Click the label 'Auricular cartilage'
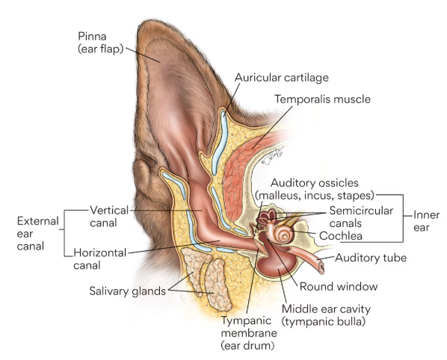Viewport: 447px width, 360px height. pyautogui.click(x=282, y=78)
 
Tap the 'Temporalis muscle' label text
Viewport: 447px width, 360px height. pyautogui.click(x=322, y=99)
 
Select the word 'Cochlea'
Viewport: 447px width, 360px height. pyautogui.click(x=341, y=236)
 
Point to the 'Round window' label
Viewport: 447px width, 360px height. pyautogui.click(x=339, y=286)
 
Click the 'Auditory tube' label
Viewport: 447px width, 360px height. pyautogui.click(x=371, y=258)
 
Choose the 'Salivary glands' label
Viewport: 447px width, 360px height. pyautogui.click(x=127, y=291)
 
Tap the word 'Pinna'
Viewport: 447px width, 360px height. pyautogui.click(x=92, y=37)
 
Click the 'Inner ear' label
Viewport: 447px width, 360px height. pyautogui.click(x=427, y=221)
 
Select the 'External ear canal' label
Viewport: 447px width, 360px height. pyautogui.click(x=38, y=234)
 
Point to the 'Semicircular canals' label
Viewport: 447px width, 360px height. pyautogui.click(x=361, y=217)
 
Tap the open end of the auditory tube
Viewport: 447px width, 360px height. pyautogui.click(x=321, y=267)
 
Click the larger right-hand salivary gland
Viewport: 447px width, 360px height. pyautogui.click(x=218, y=285)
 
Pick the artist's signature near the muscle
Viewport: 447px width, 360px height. pyautogui.click(x=272, y=156)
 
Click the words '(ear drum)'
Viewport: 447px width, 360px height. pyautogui.click(x=247, y=346)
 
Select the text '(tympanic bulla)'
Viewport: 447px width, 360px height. pyautogui.click(x=323, y=322)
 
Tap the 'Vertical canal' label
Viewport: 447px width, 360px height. pyautogui.click(x=109, y=217)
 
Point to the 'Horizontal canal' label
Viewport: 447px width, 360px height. pyautogui.click(x=99, y=259)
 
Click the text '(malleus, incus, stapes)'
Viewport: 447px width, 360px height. pyautogui.click(x=315, y=196)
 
